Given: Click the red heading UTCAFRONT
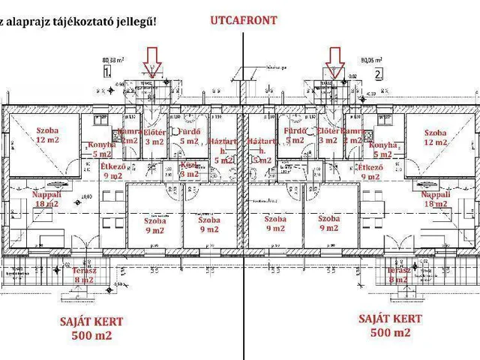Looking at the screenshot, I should pyautogui.click(x=242, y=21).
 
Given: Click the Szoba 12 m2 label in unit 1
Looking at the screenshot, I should pyautogui.click(x=36, y=135).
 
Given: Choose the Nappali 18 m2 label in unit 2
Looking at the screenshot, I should pyautogui.click(x=436, y=198).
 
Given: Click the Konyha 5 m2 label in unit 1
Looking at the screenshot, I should pyautogui.click(x=100, y=149).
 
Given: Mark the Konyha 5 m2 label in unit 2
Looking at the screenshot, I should pyautogui.click(x=383, y=149).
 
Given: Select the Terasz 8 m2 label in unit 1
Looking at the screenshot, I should pyautogui.click(x=84, y=275).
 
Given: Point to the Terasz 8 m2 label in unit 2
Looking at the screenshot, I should pyautogui.click(x=398, y=275).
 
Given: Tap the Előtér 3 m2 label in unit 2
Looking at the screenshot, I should pyautogui.click(x=328, y=136).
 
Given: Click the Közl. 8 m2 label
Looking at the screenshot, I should pyautogui.click(x=189, y=169).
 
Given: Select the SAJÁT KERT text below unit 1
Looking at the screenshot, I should pyautogui.click(x=91, y=322).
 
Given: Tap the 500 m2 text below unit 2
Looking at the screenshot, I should pyautogui.click(x=390, y=332).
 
